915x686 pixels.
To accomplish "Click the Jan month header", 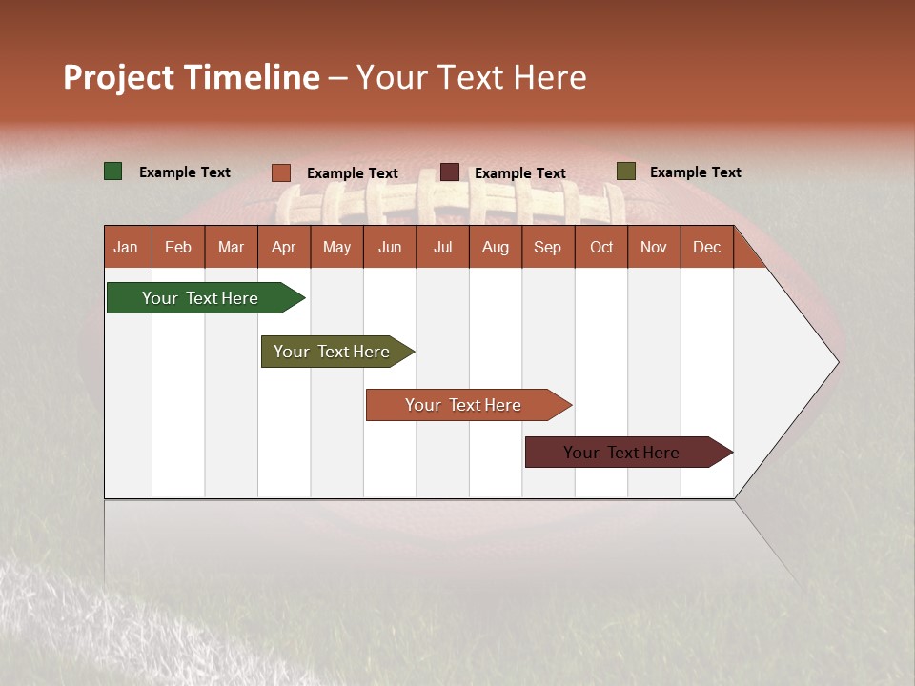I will pos(126,247).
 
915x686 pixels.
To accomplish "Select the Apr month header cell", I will pos(283,247).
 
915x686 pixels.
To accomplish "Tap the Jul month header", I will pos(442,247).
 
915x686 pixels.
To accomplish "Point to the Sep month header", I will pos(547,247).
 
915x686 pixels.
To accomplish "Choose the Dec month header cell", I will pos(706,247).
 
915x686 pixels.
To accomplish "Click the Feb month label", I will pos(178,247).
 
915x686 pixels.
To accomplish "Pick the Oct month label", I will pos(601,247).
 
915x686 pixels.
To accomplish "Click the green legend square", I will pos(113,171).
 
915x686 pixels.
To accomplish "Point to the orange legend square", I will pos(281,172).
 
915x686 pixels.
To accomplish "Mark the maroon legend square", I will pos(450,171).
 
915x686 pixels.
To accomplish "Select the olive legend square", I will pos(625,171).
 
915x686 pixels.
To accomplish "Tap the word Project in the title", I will pos(118,77).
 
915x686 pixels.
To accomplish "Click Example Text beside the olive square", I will pos(695,172).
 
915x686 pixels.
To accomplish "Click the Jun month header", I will pos(390,247).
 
